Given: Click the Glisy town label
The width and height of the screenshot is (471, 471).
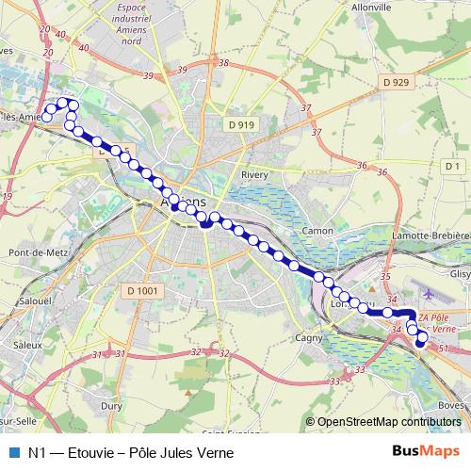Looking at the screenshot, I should tap(460, 274).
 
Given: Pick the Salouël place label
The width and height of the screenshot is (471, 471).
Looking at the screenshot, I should tap(34, 300).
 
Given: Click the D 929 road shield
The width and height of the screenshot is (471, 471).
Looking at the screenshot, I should tap(396, 84).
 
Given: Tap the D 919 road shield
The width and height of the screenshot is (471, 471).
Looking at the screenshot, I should tap(241, 124).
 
